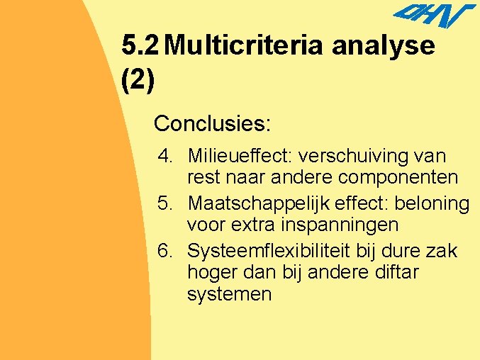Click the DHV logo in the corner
(x=434, y=16)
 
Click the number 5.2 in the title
(x=141, y=46)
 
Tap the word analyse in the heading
(x=384, y=46)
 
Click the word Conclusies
(x=212, y=124)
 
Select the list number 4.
(x=166, y=155)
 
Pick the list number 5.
(x=166, y=204)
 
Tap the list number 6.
(x=166, y=252)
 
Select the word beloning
(x=432, y=204)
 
